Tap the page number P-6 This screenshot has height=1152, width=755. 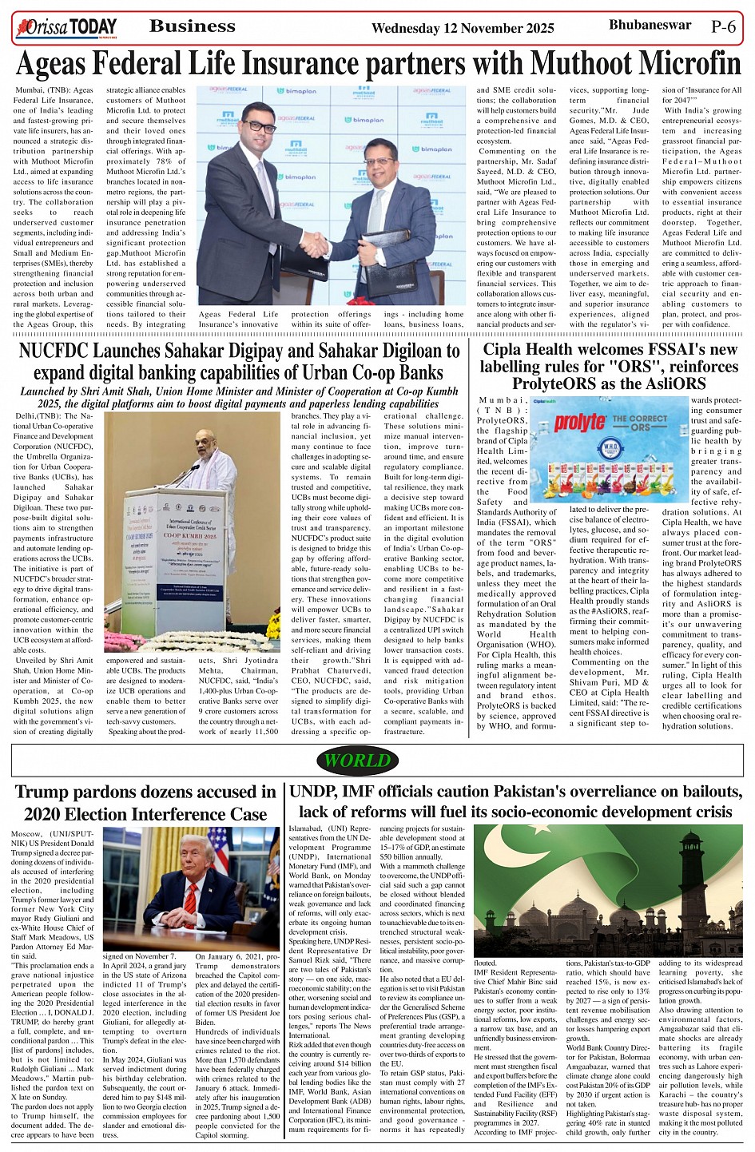(723, 26)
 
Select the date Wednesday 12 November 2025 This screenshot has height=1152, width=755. (463, 29)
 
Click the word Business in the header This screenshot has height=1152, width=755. (193, 26)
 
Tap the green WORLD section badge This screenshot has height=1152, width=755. (357, 761)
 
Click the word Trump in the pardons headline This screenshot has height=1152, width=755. (47, 792)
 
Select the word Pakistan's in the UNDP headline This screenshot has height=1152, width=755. (550, 792)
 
